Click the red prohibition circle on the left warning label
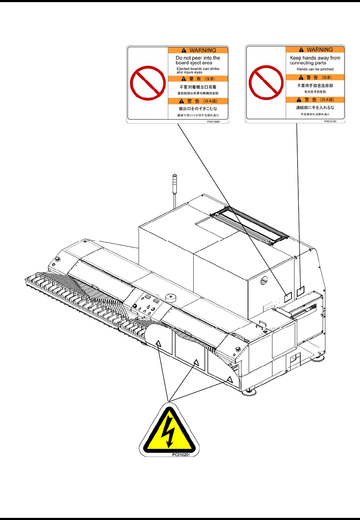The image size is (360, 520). coord(148,83)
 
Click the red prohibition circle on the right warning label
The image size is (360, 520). coord(266,83)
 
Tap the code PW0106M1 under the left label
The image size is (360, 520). coord(214,122)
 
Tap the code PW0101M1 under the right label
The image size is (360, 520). coord(330,122)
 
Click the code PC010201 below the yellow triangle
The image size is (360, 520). coord(181,455)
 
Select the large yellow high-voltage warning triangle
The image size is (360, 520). coord(170,432)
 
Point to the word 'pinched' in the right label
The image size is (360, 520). coord(327,69)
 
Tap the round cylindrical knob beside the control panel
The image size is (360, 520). coord(171,298)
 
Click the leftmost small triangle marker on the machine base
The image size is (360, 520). coord(158,343)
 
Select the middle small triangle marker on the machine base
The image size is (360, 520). coord(196,362)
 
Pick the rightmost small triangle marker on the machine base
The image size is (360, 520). coord(230,379)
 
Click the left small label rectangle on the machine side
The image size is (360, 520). coord(288,297)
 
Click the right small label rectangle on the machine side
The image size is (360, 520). coord(300,291)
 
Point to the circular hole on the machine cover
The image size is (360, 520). coord(264,280)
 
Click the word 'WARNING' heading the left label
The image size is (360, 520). coord(203,50)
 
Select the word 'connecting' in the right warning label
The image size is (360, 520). coord(301,63)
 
